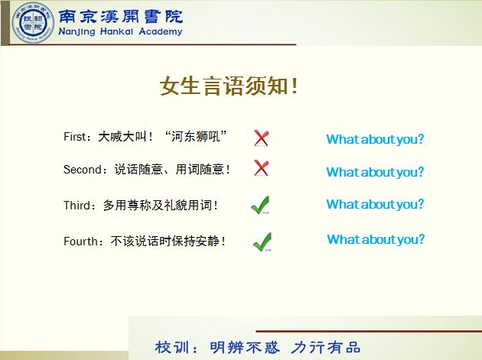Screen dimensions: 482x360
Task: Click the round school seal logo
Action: coord(33,23)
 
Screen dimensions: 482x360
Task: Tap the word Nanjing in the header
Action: coord(77,31)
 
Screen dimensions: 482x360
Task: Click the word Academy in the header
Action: coord(161,31)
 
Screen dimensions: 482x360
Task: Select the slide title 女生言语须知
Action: coord(229,86)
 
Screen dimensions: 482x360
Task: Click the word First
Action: coord(74,137)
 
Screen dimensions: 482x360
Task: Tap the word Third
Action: coord(77,206)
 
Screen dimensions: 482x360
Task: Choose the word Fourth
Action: coord(80,242)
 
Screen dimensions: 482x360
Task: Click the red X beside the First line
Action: coord(262,138)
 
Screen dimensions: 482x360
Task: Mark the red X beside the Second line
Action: coord(262,168)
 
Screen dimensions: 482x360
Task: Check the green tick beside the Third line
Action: coord(260,205)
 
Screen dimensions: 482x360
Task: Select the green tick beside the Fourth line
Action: coord(262,242)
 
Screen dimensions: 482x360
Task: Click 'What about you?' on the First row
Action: coord(375,139)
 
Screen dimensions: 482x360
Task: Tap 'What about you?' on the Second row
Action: coord(375,172)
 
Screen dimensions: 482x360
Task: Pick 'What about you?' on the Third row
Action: coord(375,204)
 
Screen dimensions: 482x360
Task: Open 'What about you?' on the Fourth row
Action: coord(376,239)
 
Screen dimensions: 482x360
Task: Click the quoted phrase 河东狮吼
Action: coord(196,136)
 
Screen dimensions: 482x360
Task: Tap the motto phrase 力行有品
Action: coord(325,348)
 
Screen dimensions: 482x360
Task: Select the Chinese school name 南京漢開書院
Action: coord(121,17)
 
